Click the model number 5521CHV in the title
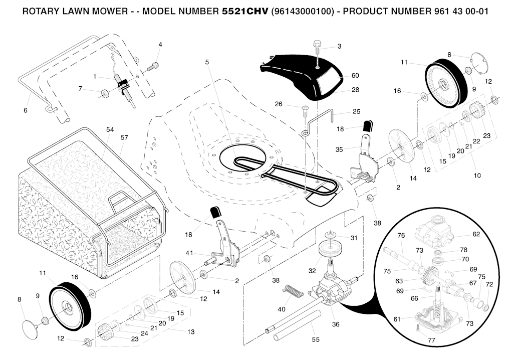(244, 11)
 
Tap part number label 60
(355, 76)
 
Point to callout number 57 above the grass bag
(124, 137)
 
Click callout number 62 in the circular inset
(476, 234)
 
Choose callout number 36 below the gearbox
(335, 324)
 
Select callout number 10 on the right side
(477, 175)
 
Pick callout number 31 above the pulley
(354, 238)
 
